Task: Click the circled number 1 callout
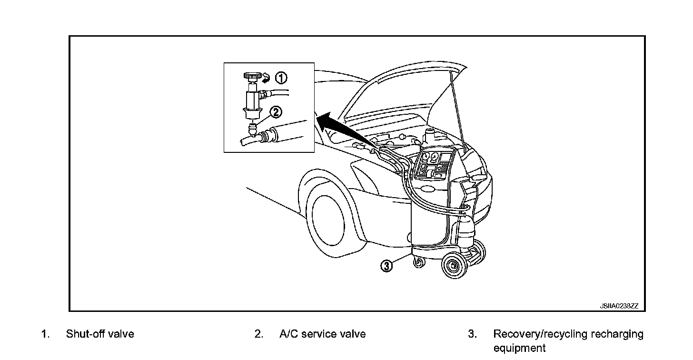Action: coord(282,78)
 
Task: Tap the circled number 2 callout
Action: coord(276,112)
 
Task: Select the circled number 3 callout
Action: coord(387,266)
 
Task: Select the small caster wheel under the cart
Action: coord(419,262)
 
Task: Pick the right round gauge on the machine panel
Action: coord(435,158)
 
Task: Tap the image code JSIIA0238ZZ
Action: coord(619,306)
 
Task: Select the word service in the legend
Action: coord(319,334)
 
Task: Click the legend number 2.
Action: coord(258,334)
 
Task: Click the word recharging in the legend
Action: coord(617,334)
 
